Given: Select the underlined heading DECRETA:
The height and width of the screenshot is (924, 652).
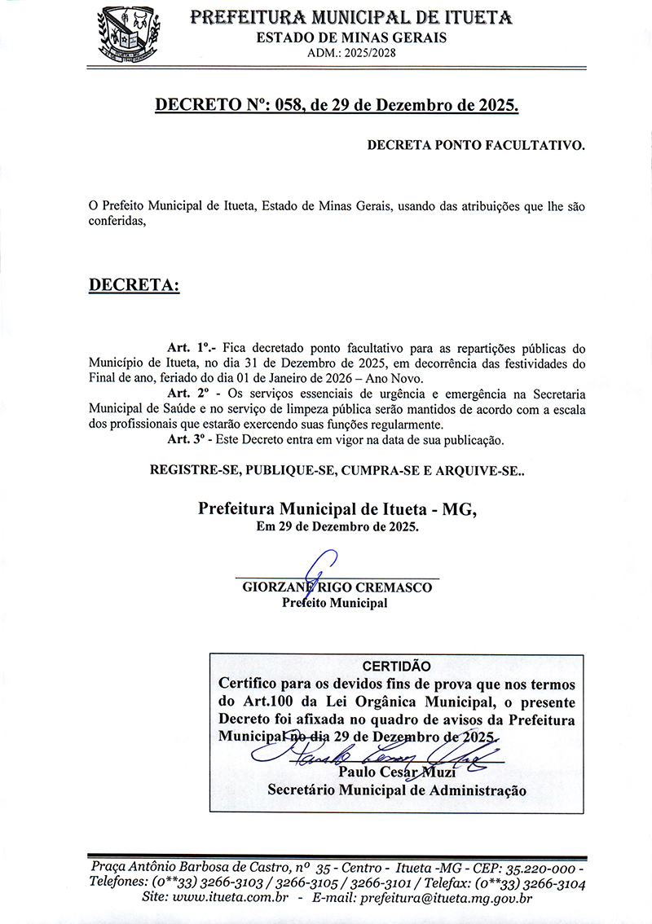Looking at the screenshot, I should (x=134, y=285).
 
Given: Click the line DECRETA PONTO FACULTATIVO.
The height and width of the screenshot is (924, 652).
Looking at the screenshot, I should (x=476, y=146).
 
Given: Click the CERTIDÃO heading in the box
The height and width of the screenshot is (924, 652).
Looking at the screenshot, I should (x=396, y=666).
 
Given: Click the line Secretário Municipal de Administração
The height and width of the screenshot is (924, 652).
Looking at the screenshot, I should (x=396, y=790).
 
